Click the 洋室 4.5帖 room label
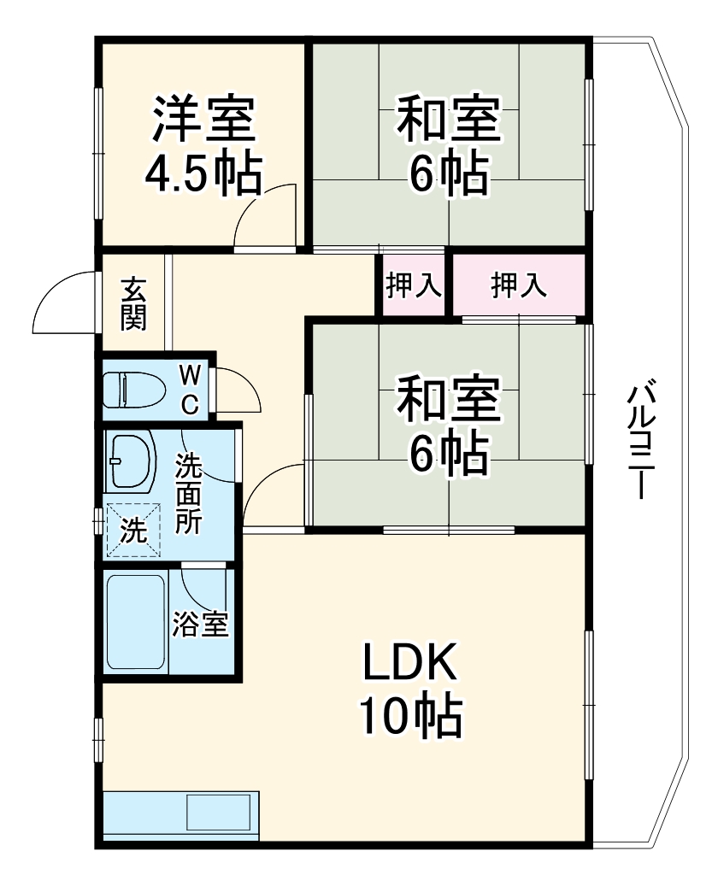click(203, 146)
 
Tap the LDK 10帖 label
click(410, 689)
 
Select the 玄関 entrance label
click(133, 303)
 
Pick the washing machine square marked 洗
click(132, 531)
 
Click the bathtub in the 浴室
click(135, 621)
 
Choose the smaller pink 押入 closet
click(413, 285)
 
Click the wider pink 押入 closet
click(518, 285)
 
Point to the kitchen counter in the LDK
click(180, 815)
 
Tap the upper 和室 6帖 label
click(448, 146)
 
